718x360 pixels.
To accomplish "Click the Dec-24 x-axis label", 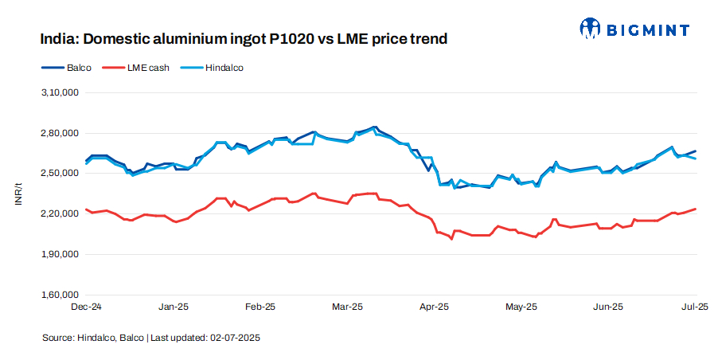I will click(86, 306).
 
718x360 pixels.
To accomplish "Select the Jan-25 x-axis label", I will click(173, 306).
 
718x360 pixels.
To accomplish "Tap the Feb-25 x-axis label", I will click(259, 306).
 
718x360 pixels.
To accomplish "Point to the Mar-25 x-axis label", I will click(347, 306).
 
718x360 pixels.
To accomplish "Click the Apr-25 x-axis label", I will click(434, 306).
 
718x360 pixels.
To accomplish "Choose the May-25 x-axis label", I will click(521, 306).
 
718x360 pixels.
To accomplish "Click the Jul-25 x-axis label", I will click(696, 306).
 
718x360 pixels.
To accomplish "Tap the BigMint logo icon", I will click(590, 29).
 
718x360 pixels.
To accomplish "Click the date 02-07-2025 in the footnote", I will click(235, 338).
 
